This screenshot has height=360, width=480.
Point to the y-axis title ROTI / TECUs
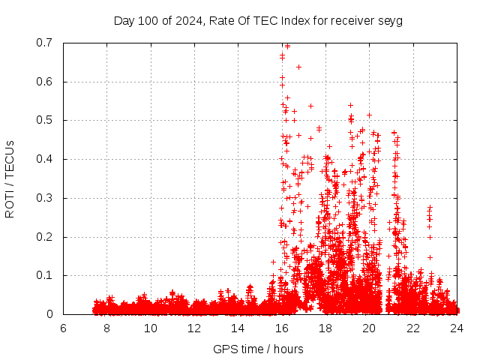pos(10,178)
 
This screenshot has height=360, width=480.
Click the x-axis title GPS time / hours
pos(259,349)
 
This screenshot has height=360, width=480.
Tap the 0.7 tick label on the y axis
pos(46,43)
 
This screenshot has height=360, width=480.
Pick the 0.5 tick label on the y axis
pos(46,120)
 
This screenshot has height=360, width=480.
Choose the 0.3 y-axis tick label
pos(46,198)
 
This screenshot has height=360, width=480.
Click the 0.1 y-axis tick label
pos(46,275)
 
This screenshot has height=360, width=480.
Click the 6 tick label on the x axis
pos(64,328)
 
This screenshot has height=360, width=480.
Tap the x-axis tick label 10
pos(151,328)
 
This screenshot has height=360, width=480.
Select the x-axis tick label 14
pos(238,328)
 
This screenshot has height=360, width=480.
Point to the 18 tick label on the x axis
pos(325,328)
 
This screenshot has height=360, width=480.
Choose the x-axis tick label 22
pos(412,328)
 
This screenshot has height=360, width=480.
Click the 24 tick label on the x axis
pos(456,328)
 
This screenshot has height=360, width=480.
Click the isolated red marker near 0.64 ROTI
pos(298,67)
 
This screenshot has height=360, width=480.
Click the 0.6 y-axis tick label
pos(46,82)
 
